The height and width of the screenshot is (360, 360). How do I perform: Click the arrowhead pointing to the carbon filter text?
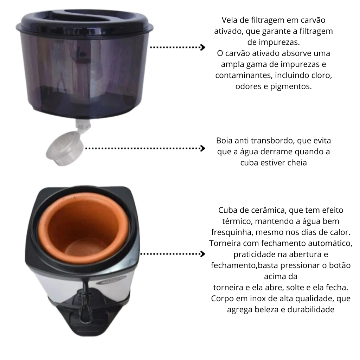(202, 47)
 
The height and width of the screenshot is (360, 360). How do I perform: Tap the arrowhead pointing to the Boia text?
(202, 148)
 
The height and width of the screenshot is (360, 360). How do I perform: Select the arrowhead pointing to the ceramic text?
(202, 254)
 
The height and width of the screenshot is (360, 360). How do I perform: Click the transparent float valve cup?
(64, 148)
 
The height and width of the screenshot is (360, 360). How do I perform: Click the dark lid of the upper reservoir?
(85, 21)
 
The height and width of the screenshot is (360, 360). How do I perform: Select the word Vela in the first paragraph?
(230, 20)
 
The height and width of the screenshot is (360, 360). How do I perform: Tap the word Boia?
(224, 141)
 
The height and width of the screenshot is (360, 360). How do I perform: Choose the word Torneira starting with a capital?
(225, 243)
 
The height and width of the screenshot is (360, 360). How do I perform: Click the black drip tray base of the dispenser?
(87, 321)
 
